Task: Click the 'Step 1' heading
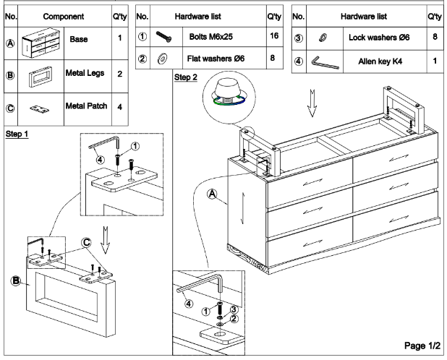[x=17, y=136]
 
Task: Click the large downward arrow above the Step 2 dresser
[x=311, y=106]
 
